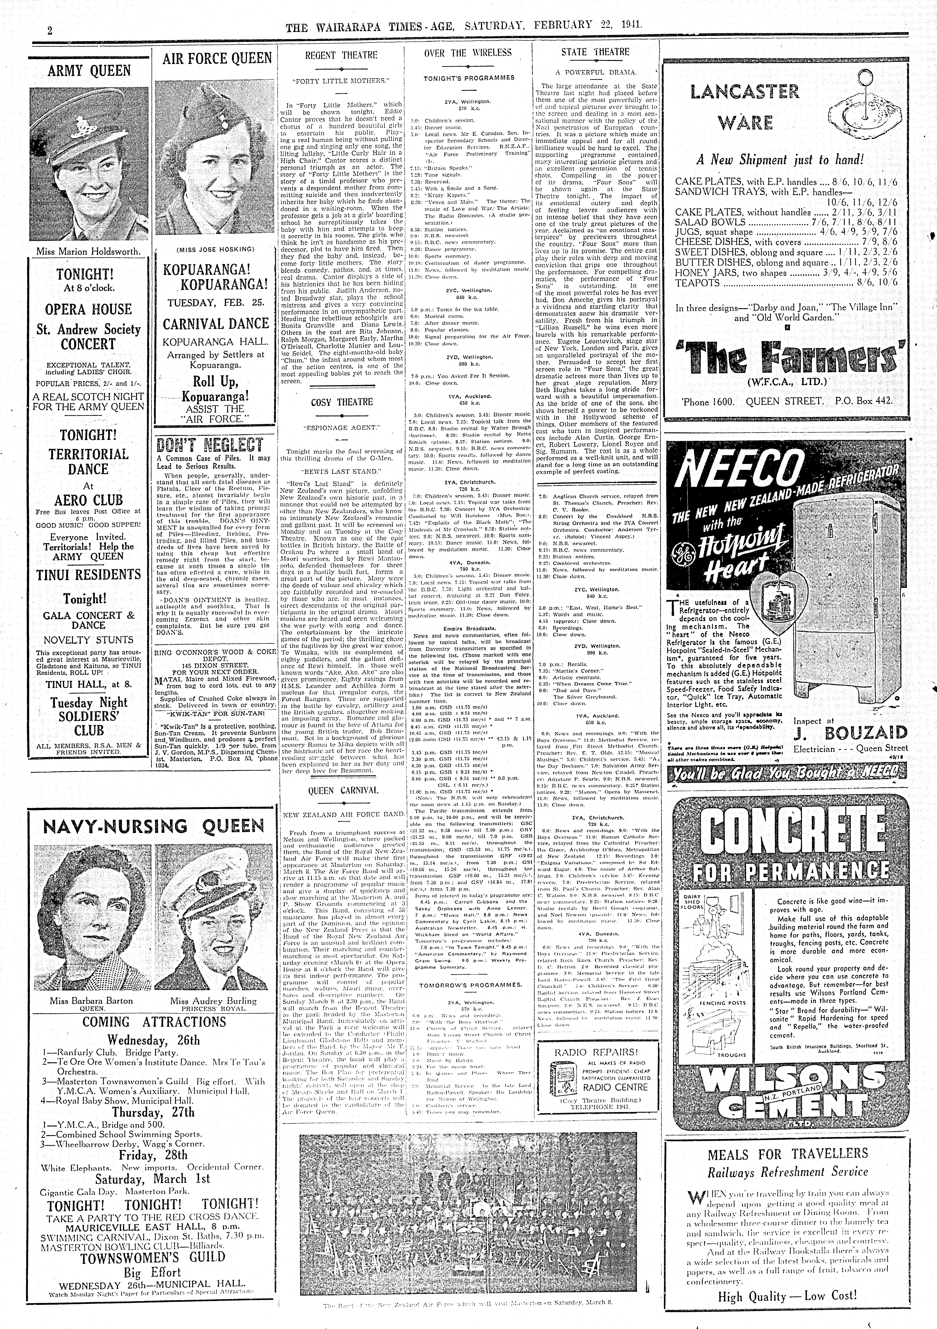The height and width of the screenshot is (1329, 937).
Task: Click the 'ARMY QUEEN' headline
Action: coord(89,71)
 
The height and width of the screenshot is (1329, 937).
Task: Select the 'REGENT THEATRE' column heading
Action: coord(341,55)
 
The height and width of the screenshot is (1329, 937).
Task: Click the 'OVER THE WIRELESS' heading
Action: coord(468,53)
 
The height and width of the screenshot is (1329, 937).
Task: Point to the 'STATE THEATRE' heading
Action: coord(595,52)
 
